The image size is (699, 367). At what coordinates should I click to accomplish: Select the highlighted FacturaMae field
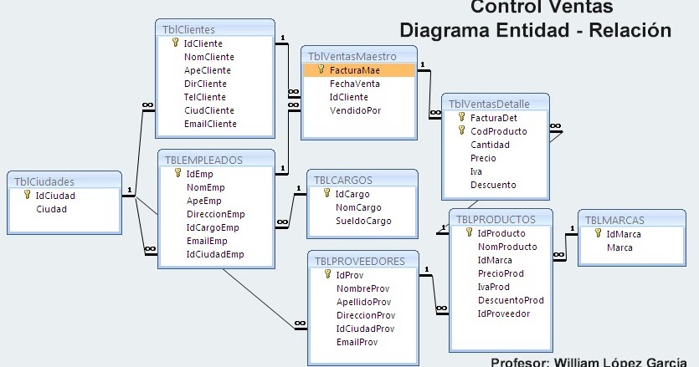pos(354,71)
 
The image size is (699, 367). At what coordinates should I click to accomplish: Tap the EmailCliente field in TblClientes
pos(210,124)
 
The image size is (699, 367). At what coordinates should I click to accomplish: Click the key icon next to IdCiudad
pos(27,196)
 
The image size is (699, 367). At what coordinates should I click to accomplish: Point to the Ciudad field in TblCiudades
pos(51,209)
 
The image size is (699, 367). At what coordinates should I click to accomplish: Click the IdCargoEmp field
pos(213,227)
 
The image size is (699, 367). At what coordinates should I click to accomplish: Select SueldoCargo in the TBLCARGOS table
pos(363,222)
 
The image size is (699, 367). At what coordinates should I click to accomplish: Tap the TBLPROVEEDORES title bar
pos(360,261)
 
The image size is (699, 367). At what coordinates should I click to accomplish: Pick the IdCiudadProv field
pos(366,329)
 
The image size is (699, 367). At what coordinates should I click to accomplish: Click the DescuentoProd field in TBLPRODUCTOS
pos(511,300)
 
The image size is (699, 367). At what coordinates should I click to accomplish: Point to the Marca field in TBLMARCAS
pos(619,248)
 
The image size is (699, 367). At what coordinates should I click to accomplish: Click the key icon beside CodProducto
pos(461,131)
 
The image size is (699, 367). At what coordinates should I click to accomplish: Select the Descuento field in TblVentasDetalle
pos(493,185)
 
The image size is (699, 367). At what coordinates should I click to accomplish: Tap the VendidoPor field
pos(355,110)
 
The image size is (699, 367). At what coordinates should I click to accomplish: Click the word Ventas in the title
pos(578,8)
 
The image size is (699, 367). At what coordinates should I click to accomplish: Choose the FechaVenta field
pos(354,84)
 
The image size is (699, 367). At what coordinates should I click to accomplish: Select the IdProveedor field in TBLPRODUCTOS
pos(503,313)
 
